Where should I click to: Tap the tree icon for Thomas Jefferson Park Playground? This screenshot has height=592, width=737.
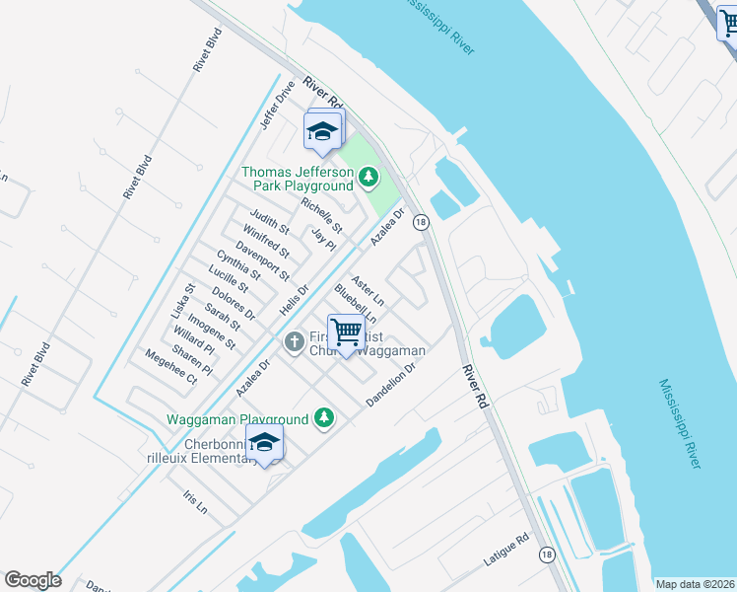point(368,178)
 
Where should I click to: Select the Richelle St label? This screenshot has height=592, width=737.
point(322,216)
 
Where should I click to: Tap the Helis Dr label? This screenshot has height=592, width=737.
point(294,300)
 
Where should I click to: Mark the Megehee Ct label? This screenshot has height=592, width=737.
point(171,365)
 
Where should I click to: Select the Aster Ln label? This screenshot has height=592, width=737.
point(368,289)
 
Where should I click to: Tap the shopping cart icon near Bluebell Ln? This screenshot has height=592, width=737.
point(347,332)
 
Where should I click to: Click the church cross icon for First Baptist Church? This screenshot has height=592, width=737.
point(293,342)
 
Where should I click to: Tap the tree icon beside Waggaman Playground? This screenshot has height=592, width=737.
point(323,419)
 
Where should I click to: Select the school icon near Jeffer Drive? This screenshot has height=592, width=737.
point(322,131)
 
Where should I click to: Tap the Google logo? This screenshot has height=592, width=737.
point(33,580)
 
